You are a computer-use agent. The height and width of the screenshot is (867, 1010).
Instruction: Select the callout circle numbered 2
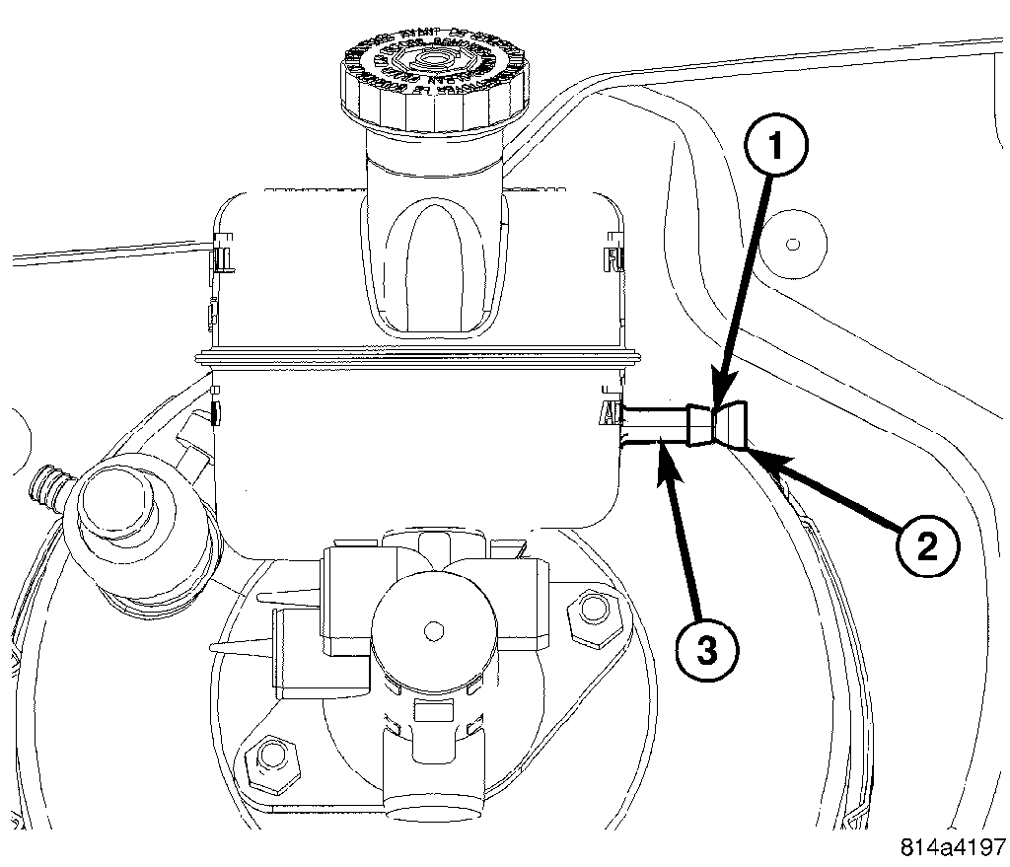pos(926,544)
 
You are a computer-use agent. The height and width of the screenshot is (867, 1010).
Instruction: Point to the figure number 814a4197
pos(952,846)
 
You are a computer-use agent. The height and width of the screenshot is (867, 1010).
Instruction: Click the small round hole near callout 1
pos(792,240)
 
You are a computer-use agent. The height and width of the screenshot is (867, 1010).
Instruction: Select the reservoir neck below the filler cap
pos(435,197)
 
